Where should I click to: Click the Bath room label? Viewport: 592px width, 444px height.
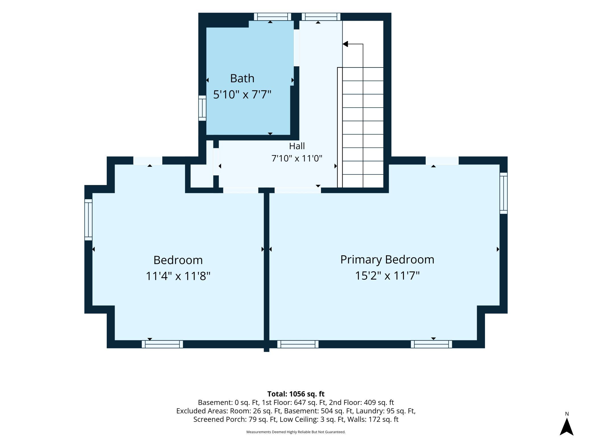click(242, 78)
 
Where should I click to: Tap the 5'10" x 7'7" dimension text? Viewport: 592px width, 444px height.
click(242, 94)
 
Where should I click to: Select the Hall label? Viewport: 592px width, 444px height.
click(297, 146)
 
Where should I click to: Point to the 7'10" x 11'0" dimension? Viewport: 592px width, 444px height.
click(297, 158)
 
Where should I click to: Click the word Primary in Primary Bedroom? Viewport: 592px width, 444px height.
click(361, 260)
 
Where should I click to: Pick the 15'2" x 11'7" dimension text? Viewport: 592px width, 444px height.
click(387, 276)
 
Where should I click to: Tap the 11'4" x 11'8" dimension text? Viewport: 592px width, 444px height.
click(178, 276)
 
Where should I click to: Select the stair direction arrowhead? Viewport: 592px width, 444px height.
click(345, 44)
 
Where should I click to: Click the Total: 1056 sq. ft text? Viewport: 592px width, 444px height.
click(296, 394)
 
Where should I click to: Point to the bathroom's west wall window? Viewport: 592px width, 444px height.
click(202, 108)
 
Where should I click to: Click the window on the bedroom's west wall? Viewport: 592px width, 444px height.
click(88, 220)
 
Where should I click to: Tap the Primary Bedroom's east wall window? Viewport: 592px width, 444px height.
click(503, 193)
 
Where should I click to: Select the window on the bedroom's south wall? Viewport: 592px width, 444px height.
click(162, 344)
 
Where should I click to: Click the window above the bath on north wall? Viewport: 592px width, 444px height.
click(272, 17)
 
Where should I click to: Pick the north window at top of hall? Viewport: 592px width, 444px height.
click(321, 17)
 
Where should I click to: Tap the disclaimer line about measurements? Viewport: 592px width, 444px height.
click(296, 432)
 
